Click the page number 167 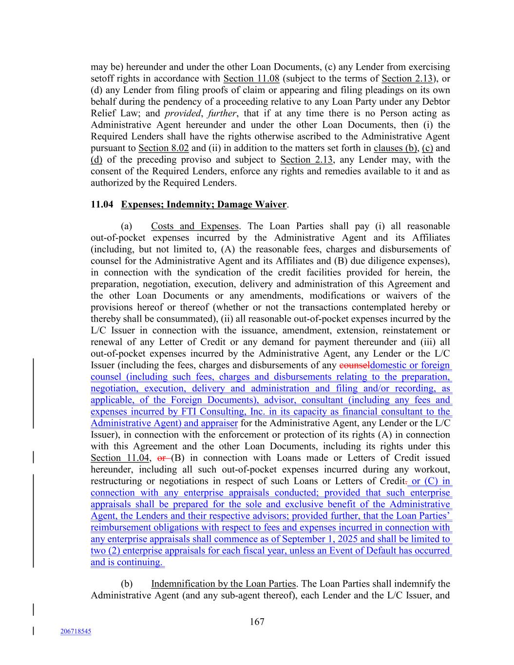(x=257, y=622)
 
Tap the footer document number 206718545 (x=76, y=631)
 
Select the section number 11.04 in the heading (x=101, y=205)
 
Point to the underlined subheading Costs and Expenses (x=194, y=226)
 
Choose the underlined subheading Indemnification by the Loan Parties (x=223, y=584)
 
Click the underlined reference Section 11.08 (x=251, y=78)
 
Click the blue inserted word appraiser (x=218, y=423)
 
